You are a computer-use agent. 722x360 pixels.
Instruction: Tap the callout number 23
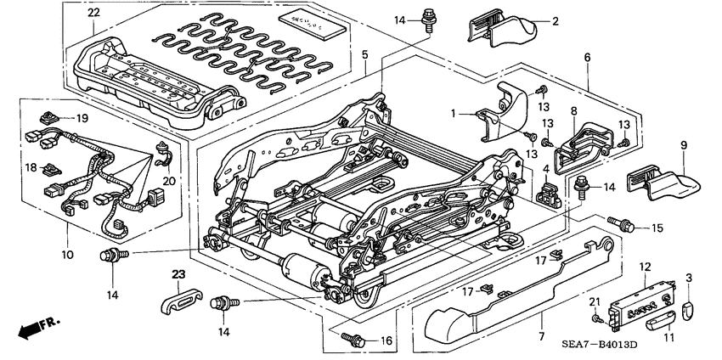[178, 274]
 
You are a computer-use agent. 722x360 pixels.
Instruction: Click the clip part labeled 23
[179, 297]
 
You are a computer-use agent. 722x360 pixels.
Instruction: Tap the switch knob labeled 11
[663, 321]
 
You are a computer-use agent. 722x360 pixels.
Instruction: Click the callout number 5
[364, 55]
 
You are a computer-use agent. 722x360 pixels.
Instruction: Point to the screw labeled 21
[599, 317]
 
